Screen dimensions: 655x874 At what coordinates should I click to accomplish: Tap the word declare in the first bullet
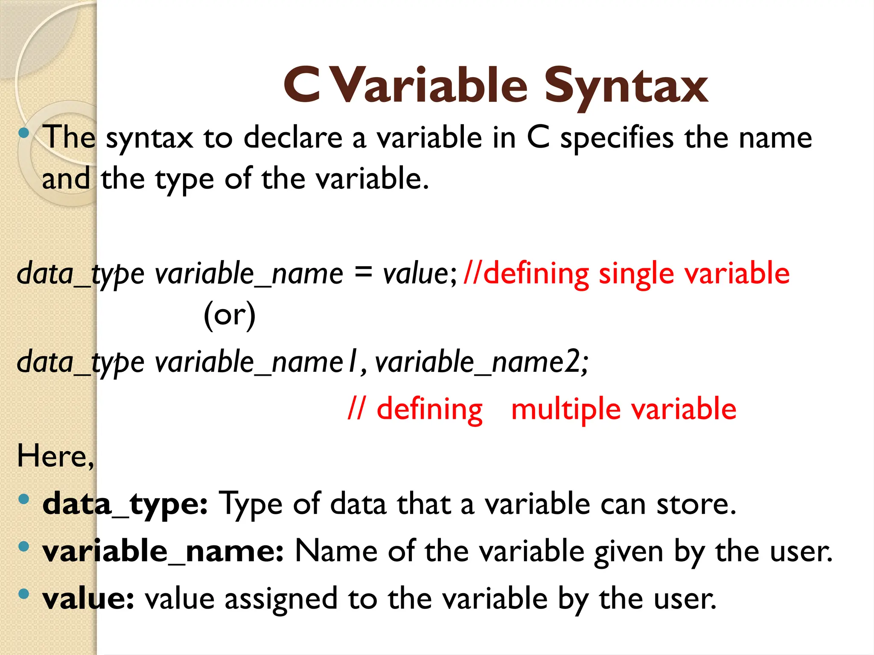coord(293,138)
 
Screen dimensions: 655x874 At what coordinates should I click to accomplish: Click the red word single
coord(636,274)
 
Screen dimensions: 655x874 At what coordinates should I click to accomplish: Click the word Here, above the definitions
coord(55,456)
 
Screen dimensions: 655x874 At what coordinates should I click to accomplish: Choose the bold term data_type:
coord(125,504)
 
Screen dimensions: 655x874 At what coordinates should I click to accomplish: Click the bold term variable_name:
coord(163,551)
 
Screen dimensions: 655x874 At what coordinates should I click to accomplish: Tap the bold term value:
coord(88,599)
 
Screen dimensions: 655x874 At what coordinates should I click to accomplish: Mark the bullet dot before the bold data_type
coord(24,498)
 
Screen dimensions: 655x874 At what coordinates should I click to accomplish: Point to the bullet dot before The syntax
coord(24,133)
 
